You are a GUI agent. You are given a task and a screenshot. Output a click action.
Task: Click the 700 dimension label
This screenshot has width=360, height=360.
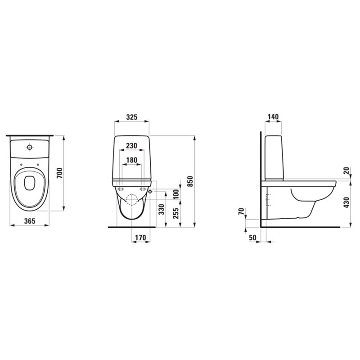point(59,173)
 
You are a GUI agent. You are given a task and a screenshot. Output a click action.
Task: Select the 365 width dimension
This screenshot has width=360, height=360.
point(30,221)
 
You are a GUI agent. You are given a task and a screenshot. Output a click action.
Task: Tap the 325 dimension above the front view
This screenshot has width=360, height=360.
point(132,117)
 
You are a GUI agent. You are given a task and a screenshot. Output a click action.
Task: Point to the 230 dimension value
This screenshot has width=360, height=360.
point(132,145)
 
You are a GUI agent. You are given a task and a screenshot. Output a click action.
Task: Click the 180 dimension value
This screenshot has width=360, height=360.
point(132,160)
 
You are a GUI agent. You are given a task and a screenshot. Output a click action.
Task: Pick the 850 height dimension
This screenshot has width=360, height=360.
point(190,181)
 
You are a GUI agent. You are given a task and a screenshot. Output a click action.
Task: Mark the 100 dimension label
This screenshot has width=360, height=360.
point(176,194)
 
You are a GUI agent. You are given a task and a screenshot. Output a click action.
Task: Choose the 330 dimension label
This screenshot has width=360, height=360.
point(162,209)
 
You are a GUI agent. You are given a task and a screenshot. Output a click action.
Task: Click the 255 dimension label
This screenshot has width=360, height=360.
point(176,213)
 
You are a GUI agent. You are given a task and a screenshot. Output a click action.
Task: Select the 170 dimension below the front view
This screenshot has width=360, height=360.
point(140,238)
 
